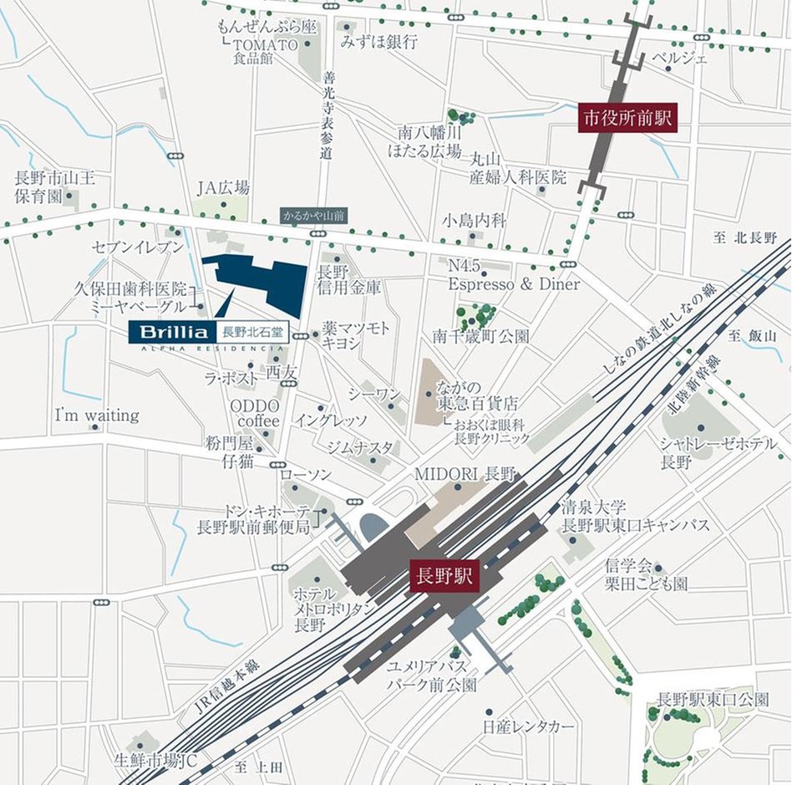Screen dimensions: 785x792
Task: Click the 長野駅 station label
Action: (444, 577)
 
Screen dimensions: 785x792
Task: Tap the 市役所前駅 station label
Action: (627, 118)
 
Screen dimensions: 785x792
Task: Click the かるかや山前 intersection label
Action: (314, 215)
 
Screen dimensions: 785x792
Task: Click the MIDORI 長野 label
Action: (465, 473)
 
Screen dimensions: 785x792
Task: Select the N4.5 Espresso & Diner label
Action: (513, 276)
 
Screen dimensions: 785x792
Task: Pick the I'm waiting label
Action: (97, 415)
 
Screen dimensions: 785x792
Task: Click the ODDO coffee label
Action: (255, 413)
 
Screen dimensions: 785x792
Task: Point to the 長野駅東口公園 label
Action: (713, 700)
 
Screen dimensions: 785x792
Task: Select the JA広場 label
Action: (223, 188)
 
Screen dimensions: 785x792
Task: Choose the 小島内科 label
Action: (475, 221)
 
